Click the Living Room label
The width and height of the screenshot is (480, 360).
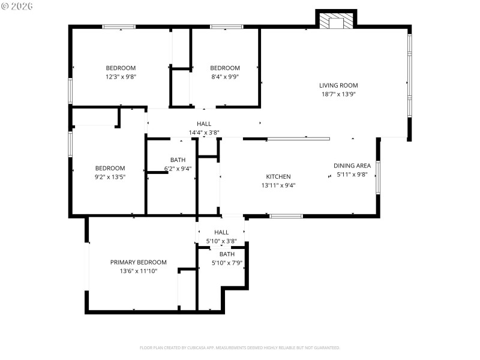(338, 85)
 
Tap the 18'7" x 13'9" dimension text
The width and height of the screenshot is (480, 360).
(338, 94)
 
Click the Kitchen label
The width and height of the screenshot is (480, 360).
(278, 176)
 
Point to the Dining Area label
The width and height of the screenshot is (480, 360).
(352, 166)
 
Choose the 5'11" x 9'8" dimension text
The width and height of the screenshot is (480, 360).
(352, 175)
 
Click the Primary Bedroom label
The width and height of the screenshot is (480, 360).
(138, 262)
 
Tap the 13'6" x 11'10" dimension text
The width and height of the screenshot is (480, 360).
(138, 271)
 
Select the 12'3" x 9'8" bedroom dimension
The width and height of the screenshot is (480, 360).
(121, 77)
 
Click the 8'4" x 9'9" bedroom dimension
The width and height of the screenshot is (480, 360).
(225, 77)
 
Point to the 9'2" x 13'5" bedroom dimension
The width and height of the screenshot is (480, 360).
(110, 177)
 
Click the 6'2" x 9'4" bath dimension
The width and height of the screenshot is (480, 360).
(178, 169)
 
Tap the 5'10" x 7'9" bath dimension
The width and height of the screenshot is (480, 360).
(227, 263)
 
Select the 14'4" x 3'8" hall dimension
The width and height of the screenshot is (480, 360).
(204, 133)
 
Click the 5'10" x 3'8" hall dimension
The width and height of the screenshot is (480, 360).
(221, 241)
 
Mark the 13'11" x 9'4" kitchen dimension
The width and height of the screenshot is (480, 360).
(278, 185)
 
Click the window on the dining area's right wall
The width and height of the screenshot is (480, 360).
(377, 176)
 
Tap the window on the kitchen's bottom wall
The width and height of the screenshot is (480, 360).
(286, 216)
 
